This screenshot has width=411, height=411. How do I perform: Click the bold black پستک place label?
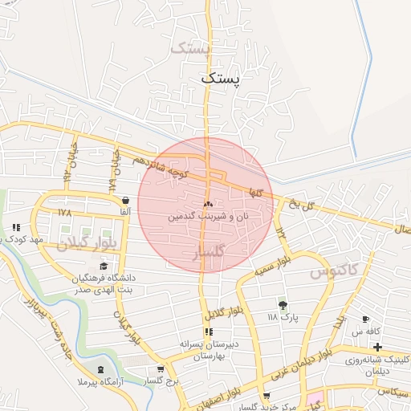tap(222, 79)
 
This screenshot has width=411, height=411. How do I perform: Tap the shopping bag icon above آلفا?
tap(124, 200)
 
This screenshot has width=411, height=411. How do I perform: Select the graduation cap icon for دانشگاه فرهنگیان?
tap(103, 267)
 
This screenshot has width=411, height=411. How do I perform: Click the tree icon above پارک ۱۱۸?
tap(282, 305)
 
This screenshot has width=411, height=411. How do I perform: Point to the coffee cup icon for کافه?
tap(366, 319)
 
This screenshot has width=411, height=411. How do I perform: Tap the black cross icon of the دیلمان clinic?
tap(377, 347)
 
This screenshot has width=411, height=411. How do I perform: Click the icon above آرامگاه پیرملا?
tap(100, 369)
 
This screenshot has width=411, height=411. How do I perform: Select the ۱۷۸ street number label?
tap(65, 213)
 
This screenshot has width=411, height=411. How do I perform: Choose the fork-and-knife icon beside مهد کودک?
tap(15, 227)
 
